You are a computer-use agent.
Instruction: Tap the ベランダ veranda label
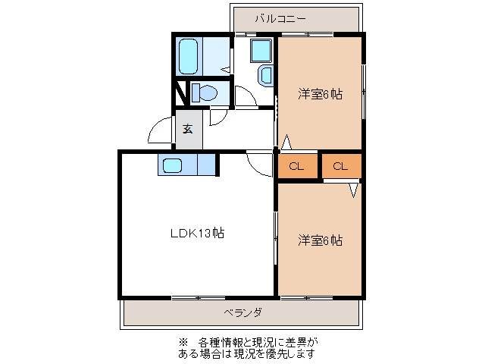pyautogui.click(x=242, y=312)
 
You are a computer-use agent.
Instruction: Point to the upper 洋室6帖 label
pyautogui.click(x=319, y=94)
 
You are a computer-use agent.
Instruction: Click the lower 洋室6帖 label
pyautogui.click(x=319, y=240)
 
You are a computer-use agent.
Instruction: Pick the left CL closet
pyautogui.click(x=297, y=167)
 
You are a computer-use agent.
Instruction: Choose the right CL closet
pyautogui.click(x=341, y=167)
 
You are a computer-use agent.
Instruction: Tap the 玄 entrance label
pyautogui.click(x=187, y=128)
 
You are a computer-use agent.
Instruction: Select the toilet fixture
pyautogui.click(x=203, y=93)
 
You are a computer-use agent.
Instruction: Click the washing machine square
pyautogui.click(x=261, y=51)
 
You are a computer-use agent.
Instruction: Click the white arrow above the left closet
pyautogui.click(x=286, y=142)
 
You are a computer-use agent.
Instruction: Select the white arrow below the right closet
pyautogui.click(x=353, y=190)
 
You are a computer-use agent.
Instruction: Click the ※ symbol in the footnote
pyautogui.click(x=182, y=341)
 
